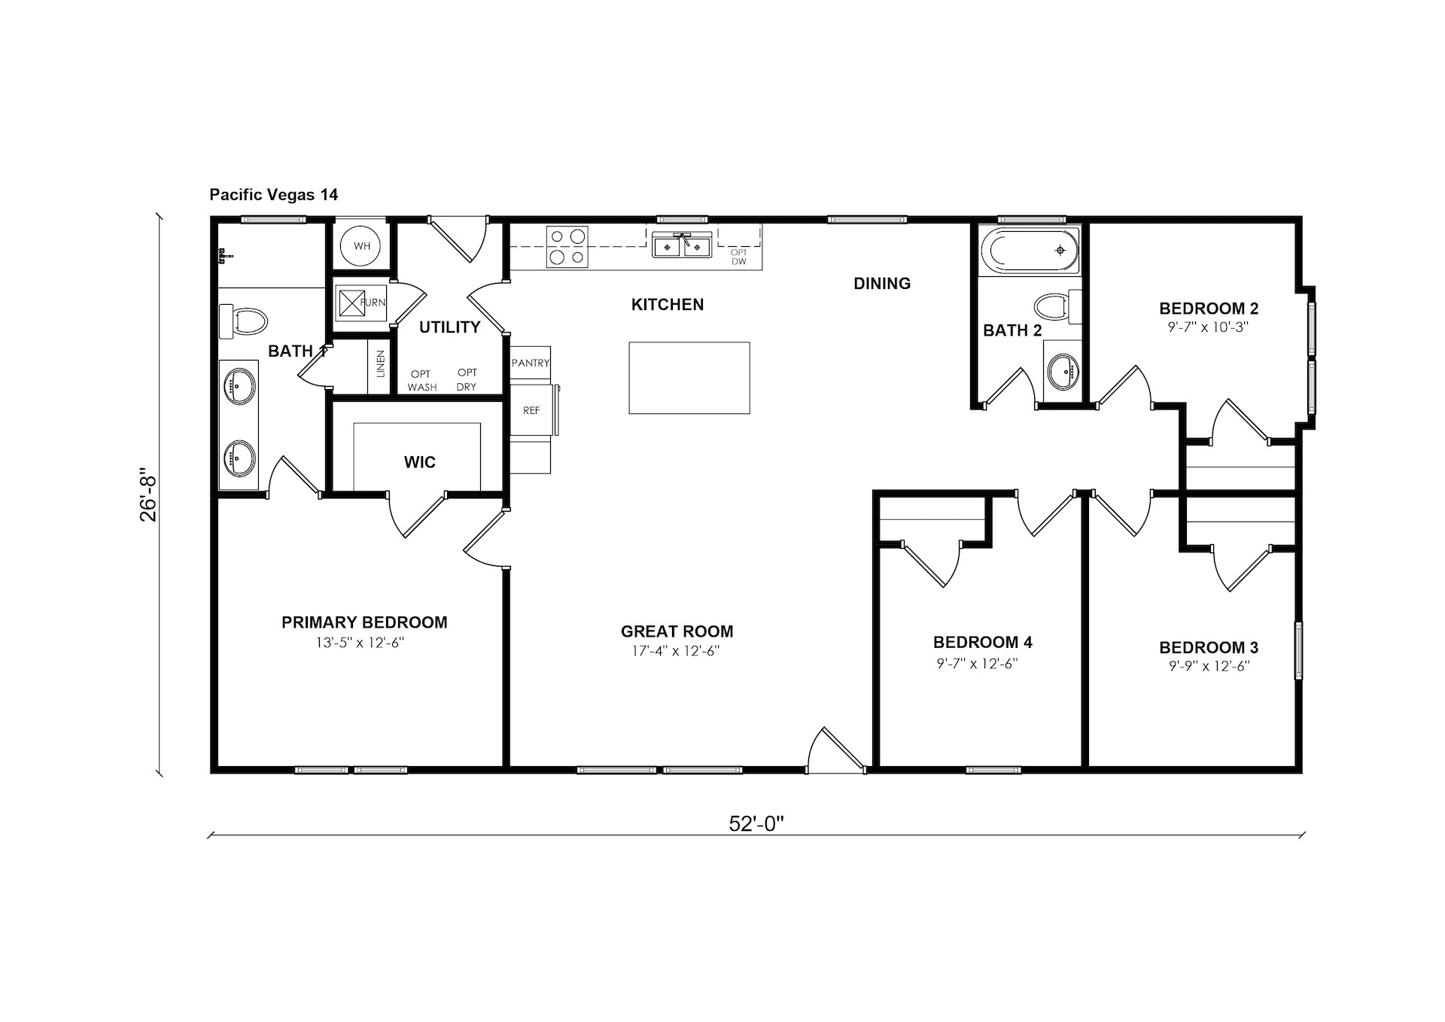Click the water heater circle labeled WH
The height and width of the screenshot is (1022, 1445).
coord(362,245)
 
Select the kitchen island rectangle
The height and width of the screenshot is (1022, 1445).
coord(689,378)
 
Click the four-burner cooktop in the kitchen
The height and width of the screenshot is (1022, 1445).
coord(567,247)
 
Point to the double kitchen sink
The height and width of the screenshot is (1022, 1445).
coord(683,246)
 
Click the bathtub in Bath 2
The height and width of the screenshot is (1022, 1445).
coord(1029,251)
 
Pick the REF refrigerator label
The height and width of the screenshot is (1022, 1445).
coord(531,410)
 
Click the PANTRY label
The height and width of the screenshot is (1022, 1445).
coord(531,363)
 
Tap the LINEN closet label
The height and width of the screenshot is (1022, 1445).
coord(381,363)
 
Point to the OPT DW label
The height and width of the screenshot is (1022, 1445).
coord(739,257)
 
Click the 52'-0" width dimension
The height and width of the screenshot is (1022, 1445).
coord(756,823)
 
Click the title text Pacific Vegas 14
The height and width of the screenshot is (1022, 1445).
coord(274,195)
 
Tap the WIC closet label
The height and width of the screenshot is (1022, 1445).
coord(420,462)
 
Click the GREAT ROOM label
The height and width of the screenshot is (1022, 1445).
coord(677,631)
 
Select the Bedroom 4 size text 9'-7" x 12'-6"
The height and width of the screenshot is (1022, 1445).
coord(978,663)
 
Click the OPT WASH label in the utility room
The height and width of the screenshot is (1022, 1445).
coord(422,380)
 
